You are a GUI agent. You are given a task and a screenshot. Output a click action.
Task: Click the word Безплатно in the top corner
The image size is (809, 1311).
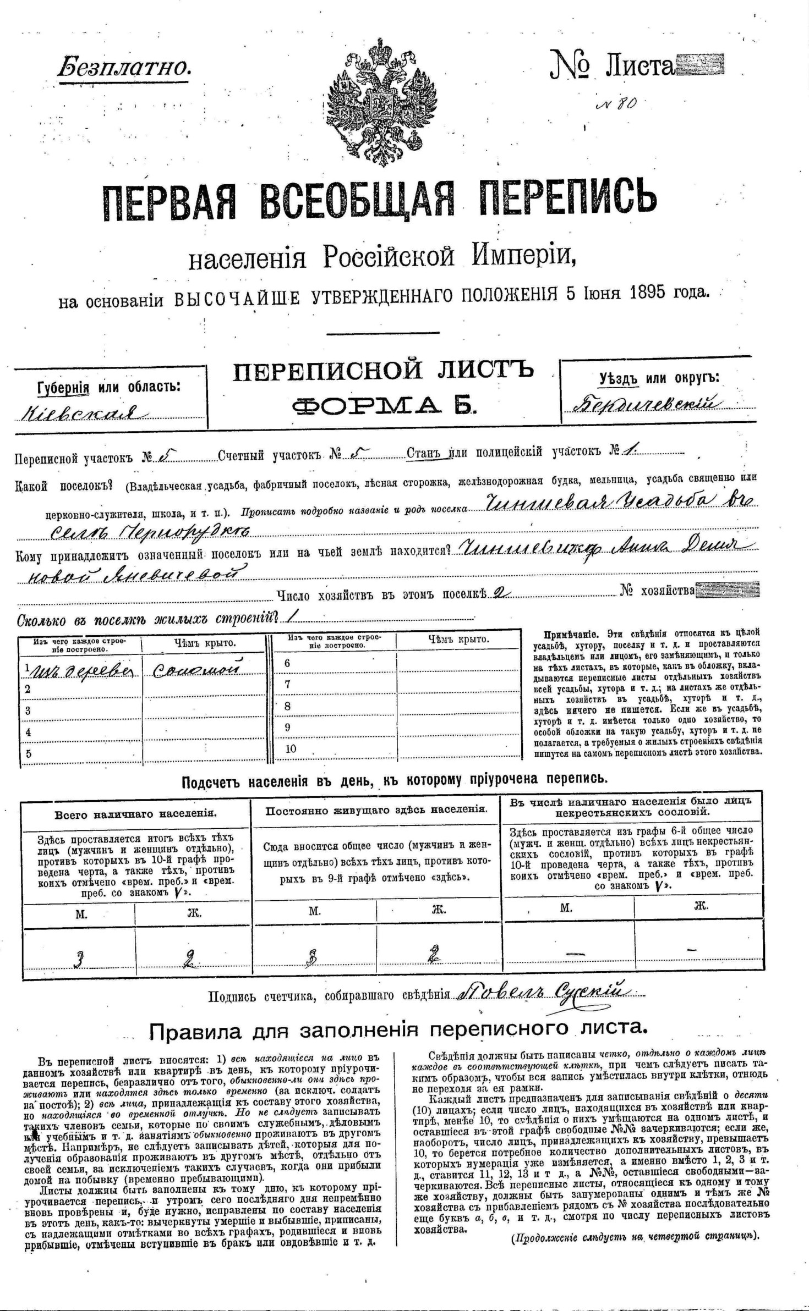(x=124, y=68)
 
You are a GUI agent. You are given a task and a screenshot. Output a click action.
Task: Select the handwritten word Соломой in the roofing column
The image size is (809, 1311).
(x=198, y=668)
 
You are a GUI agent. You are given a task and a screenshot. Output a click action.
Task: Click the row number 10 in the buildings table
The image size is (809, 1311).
(x=291, y=748)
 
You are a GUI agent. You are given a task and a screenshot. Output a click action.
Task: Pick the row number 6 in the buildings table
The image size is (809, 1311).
(x=287, y=663)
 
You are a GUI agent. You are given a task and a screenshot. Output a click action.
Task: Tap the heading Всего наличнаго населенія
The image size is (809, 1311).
(x=135, y=814)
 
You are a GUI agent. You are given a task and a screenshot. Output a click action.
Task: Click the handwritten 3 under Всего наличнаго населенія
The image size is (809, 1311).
(x=80, y=959)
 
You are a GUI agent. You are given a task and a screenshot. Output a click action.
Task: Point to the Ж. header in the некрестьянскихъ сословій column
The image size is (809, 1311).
(x=701, y=907)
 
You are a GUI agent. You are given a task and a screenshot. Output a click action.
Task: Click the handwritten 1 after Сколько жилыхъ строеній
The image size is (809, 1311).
(x=287, y=618)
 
